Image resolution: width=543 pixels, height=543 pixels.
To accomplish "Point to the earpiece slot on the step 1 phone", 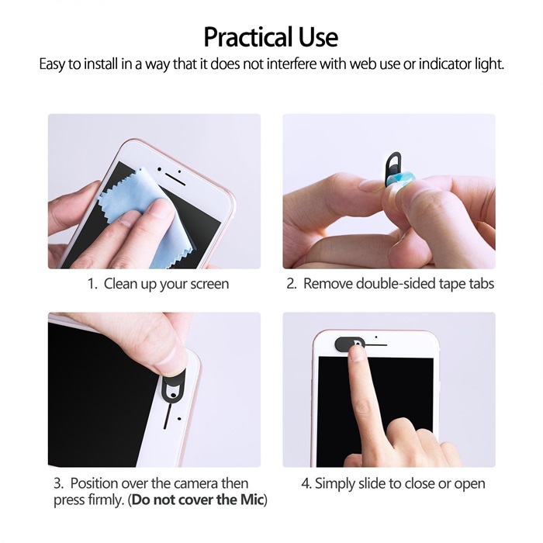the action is coord(175,179).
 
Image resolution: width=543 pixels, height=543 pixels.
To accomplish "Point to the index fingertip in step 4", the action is coord(356,352).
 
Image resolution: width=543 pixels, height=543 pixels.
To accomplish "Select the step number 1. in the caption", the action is coord(93,284).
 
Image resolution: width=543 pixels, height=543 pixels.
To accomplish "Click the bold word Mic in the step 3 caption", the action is coord(252,500).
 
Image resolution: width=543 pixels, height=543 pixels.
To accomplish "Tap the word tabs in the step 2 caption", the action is coord(482,283).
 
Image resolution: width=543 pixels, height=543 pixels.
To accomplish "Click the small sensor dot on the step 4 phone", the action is coord(376,337).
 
